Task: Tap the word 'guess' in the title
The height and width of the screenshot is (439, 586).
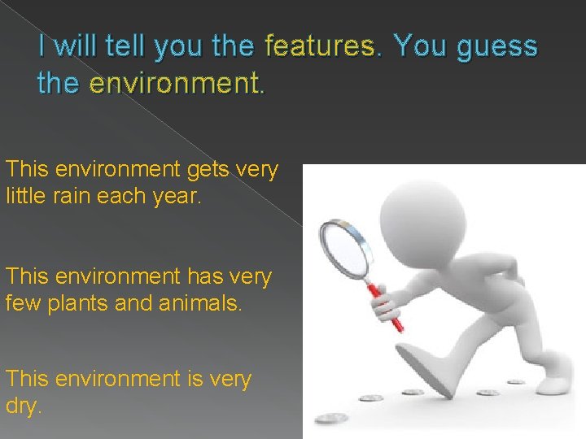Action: tap(497, 46)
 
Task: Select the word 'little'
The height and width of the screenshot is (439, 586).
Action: tap(29, 196)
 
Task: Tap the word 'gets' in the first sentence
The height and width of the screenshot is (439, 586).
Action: tap(211, 170)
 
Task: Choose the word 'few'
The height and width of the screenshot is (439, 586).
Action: tap(24, 302)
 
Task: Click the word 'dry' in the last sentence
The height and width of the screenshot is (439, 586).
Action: tap(22, 406)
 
